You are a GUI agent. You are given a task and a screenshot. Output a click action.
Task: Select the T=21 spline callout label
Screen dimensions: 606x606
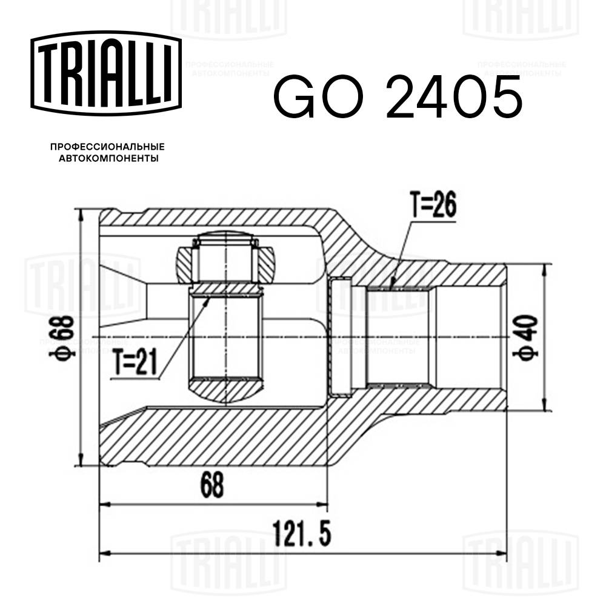(x=135, y=364)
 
